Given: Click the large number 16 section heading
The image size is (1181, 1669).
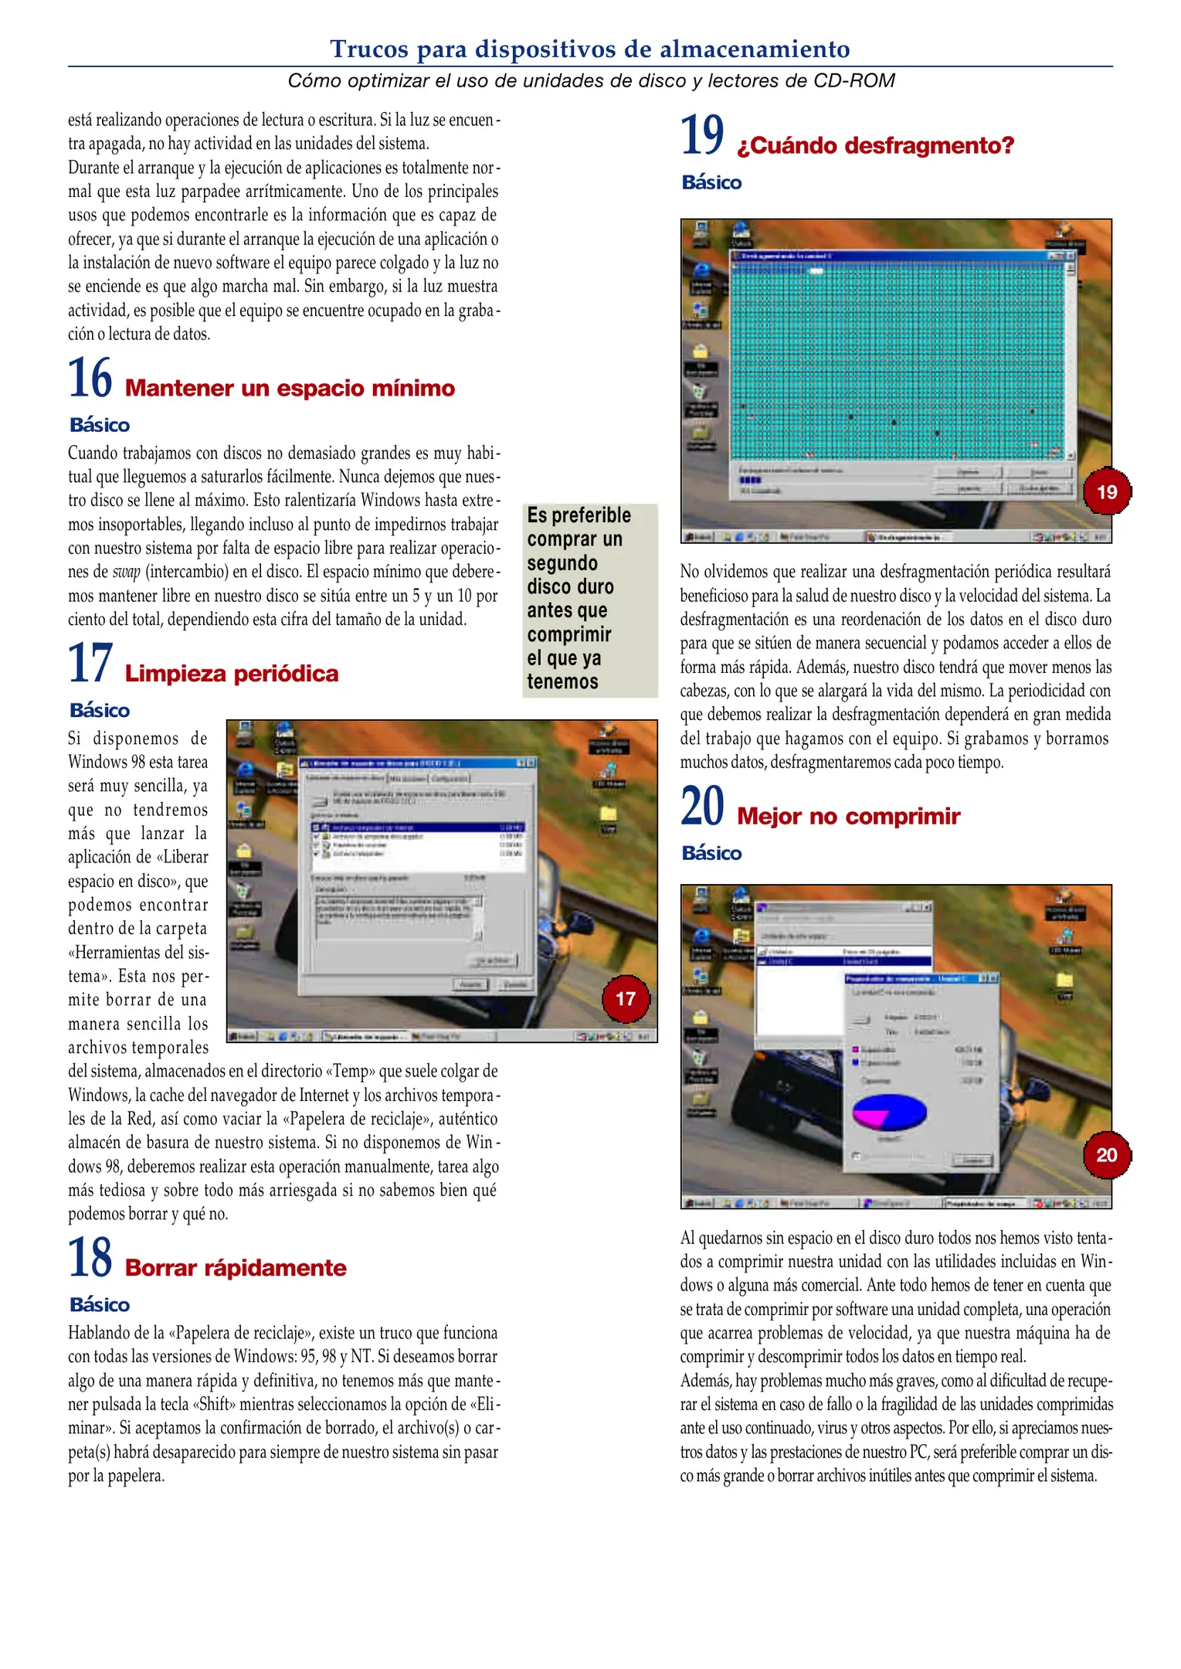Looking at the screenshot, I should pyautogui.click(x=90, y=378).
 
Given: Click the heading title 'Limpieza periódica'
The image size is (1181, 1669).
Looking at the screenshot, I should pyautogui.click(x=231, y=674).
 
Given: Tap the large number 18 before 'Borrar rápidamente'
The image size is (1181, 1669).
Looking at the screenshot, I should pyautogui.click(x=90, y=1258).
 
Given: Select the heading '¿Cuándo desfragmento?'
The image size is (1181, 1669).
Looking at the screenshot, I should pyautogui.click(x=874, y=145).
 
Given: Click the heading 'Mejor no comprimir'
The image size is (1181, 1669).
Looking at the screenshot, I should pyautogui.click(x=848, y=816).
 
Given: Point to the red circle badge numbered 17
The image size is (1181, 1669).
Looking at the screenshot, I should pyautogui.click(x=626, y=998).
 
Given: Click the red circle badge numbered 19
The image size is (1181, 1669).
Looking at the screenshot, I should pyautogui.click(x=1106, y=491).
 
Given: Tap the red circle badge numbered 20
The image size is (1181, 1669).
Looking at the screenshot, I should pyautogui.click(x=1106, y=1154).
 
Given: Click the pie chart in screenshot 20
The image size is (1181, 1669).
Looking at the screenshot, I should pyautogui.click(x=889, y=1113).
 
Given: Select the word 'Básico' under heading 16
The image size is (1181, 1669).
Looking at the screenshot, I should pyautogui.click(x=100, y=425).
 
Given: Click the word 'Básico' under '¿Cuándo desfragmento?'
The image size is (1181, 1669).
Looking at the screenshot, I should pyautogui.click(x=711, y=182).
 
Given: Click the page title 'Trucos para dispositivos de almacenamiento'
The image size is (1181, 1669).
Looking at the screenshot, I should pyautogui.click(x=590, y=49).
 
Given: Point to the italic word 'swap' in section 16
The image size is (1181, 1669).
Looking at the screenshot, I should pyautogui.click(x=127, y=573).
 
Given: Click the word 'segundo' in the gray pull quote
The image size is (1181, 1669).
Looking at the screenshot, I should pyautogui.click(x=562, y=563).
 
